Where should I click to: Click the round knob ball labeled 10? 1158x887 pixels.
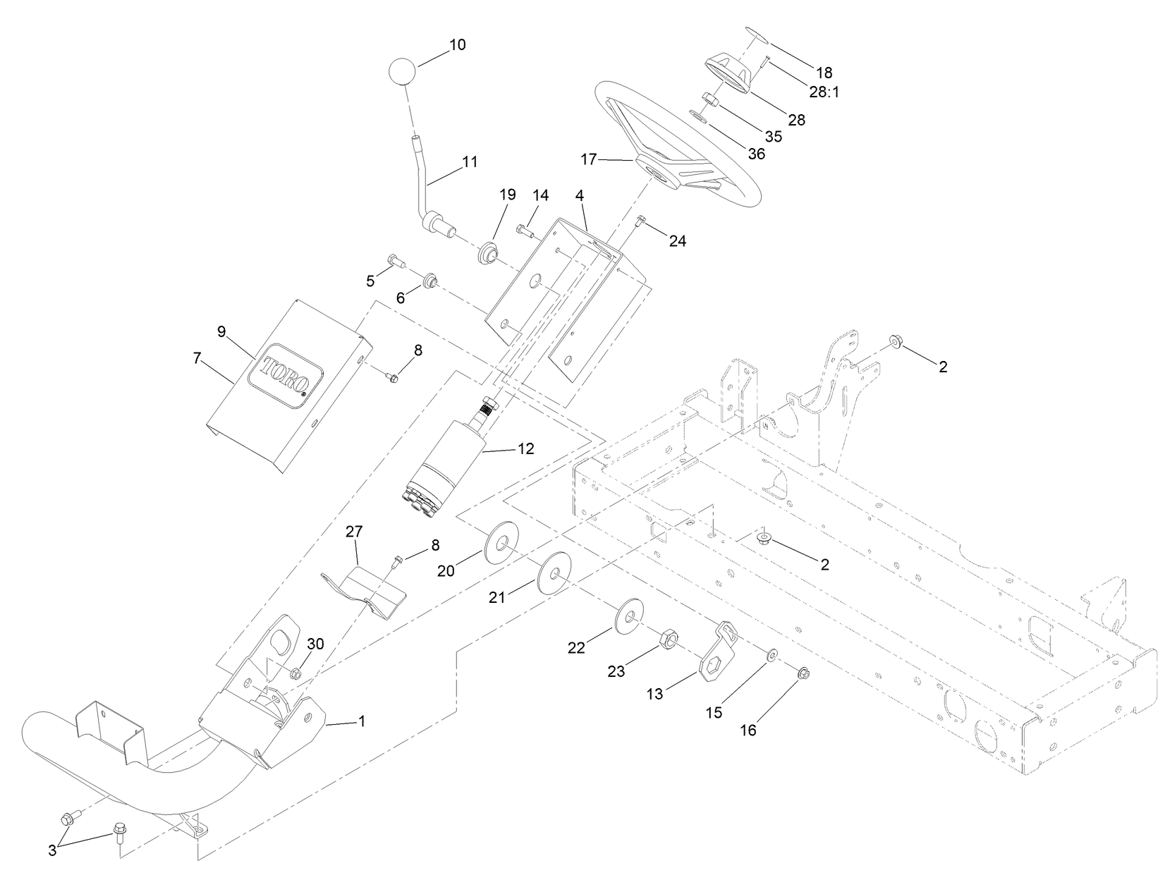pos(403,71)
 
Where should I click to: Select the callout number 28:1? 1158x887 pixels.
pos(824,92)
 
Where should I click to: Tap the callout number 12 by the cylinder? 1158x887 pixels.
pos(525,448)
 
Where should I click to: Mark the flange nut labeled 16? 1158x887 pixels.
pos(803,675)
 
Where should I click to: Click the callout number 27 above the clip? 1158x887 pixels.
pos(353,531)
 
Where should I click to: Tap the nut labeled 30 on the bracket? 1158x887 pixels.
pos(295,673)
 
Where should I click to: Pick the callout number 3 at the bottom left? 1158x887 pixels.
pos(52,850)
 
